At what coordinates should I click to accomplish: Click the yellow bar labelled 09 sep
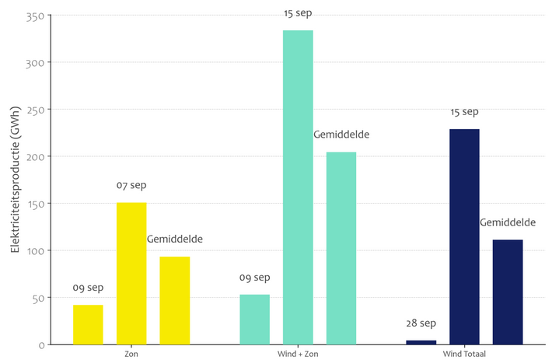pos(88,324)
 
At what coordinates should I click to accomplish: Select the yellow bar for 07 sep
pos(131,273)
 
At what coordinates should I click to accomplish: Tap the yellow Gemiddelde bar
pos(175,300)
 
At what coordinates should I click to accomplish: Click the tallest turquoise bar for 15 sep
pos(298,187)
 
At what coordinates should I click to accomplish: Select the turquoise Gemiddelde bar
pos(341,248)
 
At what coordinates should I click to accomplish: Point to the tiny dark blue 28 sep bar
pos(421,342)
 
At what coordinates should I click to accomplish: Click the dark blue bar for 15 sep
pos(464,236)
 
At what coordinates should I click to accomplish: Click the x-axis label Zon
pos(131,355)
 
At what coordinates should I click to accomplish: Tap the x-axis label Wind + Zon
pos(298,355)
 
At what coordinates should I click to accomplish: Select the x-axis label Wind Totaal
pos(464,355)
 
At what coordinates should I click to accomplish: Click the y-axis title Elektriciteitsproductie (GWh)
pos(16,180)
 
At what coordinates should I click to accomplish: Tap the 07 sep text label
pos(131,186)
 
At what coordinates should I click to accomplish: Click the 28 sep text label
pos(421,323)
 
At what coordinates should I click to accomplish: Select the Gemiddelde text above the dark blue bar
pos(508,222)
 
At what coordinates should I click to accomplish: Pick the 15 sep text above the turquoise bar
pos(298,13)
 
